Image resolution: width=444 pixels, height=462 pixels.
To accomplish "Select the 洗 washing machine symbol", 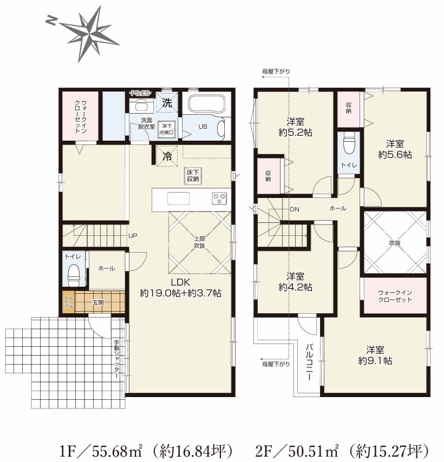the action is (167, 103).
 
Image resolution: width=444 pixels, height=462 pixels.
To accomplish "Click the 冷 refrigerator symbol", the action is (167, 156).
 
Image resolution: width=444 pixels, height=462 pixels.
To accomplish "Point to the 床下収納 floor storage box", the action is (193, 176).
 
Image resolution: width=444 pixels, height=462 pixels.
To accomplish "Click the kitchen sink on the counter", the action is (178, 199).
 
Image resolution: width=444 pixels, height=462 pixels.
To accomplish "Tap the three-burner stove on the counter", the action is (219, 199).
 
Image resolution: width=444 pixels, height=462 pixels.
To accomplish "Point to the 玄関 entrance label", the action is (98, 302).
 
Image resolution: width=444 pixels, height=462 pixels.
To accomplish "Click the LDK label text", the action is (180, 282).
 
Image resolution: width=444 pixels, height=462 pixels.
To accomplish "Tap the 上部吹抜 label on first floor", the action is (199, 242).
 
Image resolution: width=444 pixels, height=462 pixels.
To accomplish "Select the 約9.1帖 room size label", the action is (375, 361).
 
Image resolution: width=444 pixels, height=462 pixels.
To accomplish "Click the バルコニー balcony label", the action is (309, 362).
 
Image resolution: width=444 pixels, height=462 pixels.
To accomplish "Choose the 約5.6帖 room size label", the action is (395, 155).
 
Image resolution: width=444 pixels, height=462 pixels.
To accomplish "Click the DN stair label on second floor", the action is (295, 209).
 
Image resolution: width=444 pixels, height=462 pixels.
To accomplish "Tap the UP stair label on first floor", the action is (133, 236).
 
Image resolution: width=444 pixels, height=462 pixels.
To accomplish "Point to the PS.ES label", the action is (140, 93).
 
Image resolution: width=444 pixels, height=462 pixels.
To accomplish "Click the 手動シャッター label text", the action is (117, 359).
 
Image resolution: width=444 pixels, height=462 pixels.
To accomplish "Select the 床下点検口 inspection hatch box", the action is (166, 129).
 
